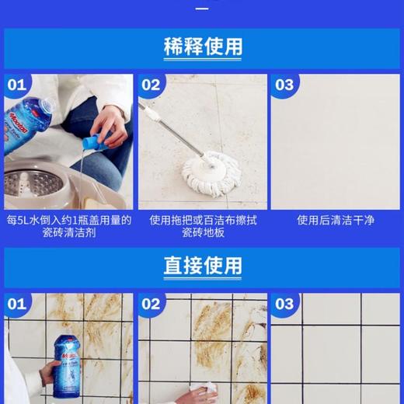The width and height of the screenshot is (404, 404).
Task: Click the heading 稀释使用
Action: coord(202,47)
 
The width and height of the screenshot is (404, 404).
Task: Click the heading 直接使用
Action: coord(202,266)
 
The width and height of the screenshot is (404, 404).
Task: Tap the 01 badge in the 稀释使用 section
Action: coord(16,85)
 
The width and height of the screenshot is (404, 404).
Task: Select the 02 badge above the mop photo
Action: coord(151,85)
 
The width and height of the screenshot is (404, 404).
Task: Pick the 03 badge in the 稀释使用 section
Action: coord(284,85)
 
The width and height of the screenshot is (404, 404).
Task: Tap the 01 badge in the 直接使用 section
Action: coord(16,304)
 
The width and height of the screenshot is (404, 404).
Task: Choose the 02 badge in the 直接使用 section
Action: coord(151,304)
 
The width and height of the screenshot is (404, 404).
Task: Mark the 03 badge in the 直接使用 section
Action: coord(284,304)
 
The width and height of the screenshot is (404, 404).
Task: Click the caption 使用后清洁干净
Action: coord(336,221)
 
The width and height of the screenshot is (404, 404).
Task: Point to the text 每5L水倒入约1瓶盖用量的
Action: coord(68,221)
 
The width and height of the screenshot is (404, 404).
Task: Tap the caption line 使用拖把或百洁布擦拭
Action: coord(202,221)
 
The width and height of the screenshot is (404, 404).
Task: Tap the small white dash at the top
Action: coord(202,9)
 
